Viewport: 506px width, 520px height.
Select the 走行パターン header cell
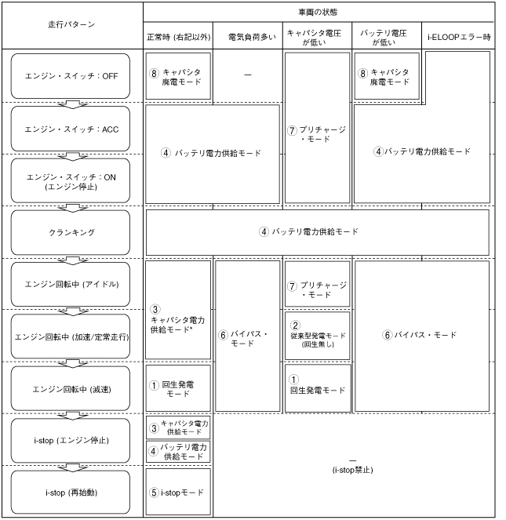71,24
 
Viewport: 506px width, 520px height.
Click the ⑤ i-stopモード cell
178,493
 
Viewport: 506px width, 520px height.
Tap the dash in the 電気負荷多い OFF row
247,75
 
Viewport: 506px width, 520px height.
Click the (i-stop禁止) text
351,471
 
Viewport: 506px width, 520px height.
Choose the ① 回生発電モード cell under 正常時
178,388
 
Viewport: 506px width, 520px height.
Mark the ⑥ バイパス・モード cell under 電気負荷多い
247,336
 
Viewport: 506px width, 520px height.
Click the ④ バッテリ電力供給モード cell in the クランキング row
318,233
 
